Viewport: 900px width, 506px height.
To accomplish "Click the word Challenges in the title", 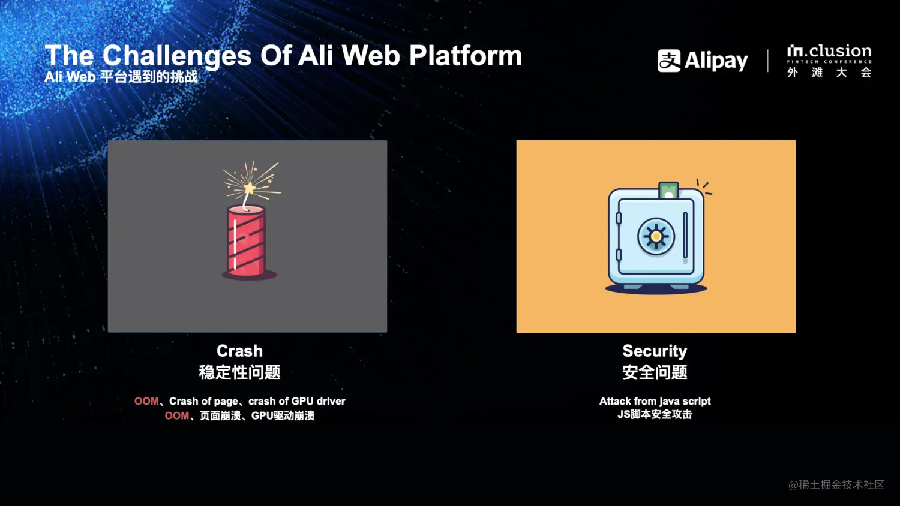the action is [x=177, y=56].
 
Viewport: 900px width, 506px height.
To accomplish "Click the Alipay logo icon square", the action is [x=669, y=61].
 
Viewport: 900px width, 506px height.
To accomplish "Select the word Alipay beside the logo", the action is [x=716, y=61].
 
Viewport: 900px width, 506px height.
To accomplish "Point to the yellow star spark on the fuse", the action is [x=250, y=188].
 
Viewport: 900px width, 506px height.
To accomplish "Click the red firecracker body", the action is [x=246, y=241].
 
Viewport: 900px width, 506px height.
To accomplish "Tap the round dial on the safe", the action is [x=656, y=236].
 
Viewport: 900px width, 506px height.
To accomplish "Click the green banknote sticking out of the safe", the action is [x=668, y=191].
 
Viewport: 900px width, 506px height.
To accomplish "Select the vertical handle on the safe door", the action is [x=685, y=235].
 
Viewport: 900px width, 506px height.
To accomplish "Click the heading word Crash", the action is [x=239, y=351].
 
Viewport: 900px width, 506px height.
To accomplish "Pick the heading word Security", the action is [x=655, y=351].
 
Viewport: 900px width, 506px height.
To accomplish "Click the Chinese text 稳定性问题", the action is [x=239, y=372].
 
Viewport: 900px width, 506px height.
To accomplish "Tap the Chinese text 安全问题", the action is [x=655, y=372].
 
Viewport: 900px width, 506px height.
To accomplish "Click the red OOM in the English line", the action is [x=146, y=401].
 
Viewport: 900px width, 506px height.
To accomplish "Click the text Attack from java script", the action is [x=655, y=401].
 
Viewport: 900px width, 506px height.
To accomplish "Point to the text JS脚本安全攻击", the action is [x=655, y=414].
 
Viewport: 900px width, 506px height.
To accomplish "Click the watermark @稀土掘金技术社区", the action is [x=836, y=485].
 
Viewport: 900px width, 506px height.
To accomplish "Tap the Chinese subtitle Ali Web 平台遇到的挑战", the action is [x=121, y=76].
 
